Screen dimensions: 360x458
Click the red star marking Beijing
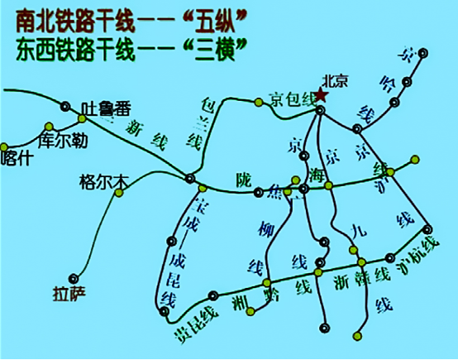321,98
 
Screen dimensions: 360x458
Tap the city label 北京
338,82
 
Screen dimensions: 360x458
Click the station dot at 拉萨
74,278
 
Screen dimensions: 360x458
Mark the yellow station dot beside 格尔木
119,193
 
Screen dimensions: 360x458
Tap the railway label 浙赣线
360,278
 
